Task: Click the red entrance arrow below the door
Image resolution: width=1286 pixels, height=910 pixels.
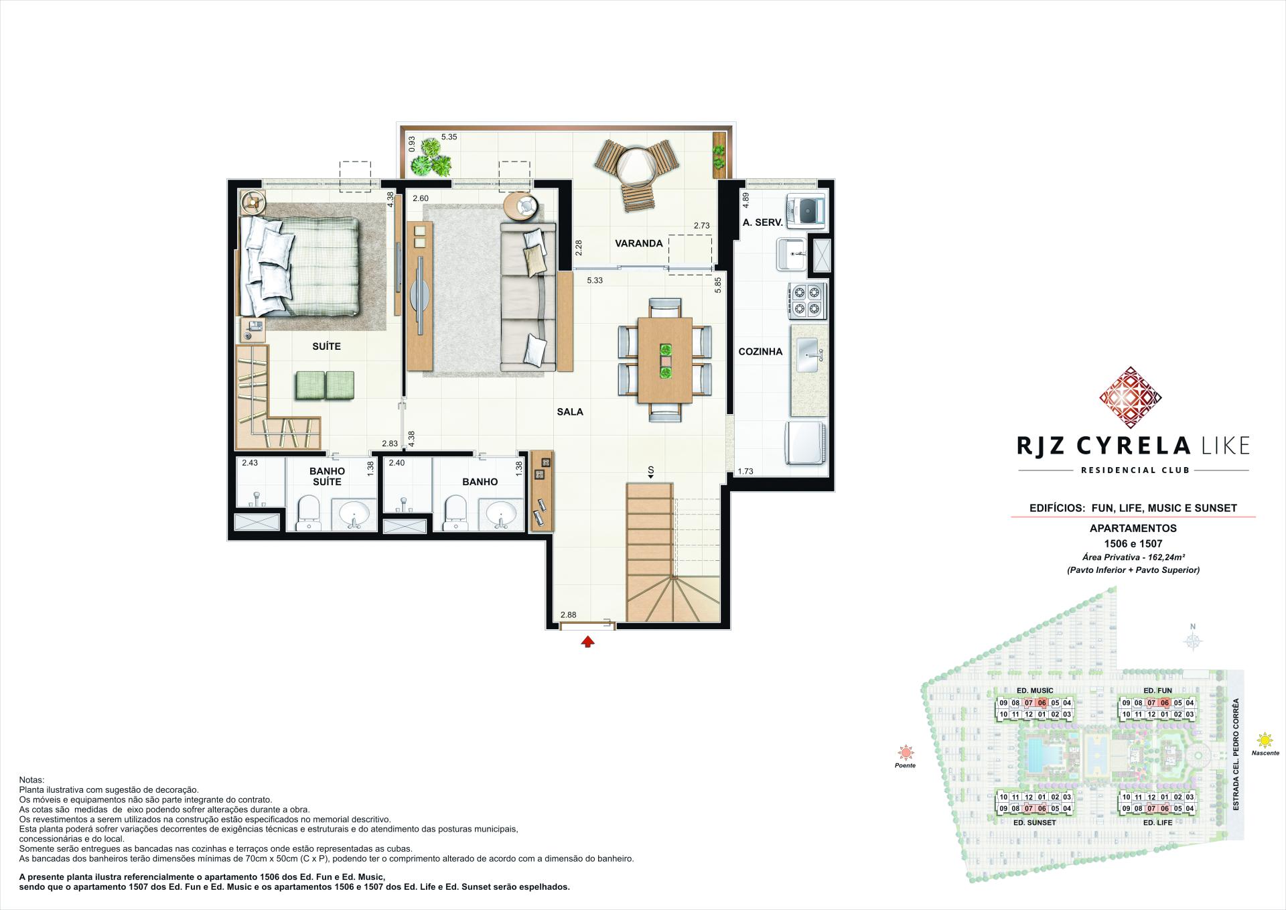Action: coord(587,642)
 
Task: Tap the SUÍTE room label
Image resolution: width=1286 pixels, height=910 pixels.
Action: coord(326,346)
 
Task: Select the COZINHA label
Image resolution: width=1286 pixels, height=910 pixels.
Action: coord(760,352)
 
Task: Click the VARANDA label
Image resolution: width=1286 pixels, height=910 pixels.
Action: coord(638,243)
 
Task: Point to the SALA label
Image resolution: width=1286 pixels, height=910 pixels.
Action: coord(570,411)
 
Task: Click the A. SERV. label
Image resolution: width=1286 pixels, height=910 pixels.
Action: coord(762,222)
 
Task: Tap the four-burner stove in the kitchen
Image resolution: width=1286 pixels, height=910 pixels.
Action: coord(806,300)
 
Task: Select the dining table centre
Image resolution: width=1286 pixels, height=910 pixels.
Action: coord(665,359)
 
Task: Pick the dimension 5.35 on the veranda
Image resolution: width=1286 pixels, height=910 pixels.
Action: coord(449,137)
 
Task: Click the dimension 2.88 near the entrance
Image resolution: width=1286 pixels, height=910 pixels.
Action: coord(568,614)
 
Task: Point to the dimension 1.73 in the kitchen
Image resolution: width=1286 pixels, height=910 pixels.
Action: coord(745,471)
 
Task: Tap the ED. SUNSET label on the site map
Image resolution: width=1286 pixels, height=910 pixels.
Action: coord(1034,822)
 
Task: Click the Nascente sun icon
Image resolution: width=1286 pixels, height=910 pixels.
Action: coord(1265,740)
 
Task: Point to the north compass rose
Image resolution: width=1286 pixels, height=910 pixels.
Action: coord(1192,641)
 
